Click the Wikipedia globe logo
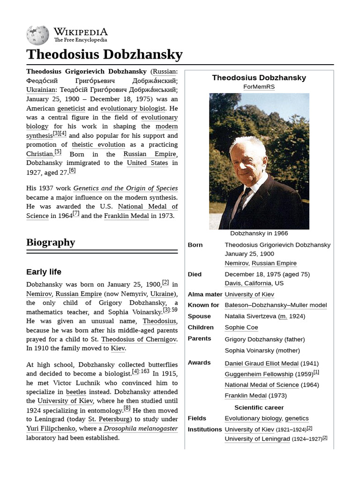pyautogui.click(x=38, y=34)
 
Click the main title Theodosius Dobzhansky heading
pyautogui.click(x=104, y=55)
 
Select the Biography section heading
pyautogui.click(x=51, y=242)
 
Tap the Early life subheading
pyautogui.click(x=44, y=272)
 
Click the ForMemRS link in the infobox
pyautogui.click(x=259, y=87)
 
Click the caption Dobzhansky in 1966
pyautogui.click(x=259, y=233)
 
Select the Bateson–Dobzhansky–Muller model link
pyautogui.click(x=276, y=305)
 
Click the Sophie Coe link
pyautogui.click(x=241, y=328)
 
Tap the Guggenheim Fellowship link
pyautogui.click(x=259, y=375)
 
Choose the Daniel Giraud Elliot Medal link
pyautogui.click(x=262, y=363)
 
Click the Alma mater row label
pyautogui.click(x=205, y=294)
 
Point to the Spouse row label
pyautogui.click(x=199, y=316)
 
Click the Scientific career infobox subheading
pyautogui.click(x=259, y=408)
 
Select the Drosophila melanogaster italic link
pyautogui.click(x=141, y=428)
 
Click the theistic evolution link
pyautogui.click(x=98, y=145)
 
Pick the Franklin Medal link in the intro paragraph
pyautogui.click(x=126, y=216)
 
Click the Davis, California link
pyautogui.click(x=248, y=284)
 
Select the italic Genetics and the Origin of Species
pyautogui.click(x=125, y=188)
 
